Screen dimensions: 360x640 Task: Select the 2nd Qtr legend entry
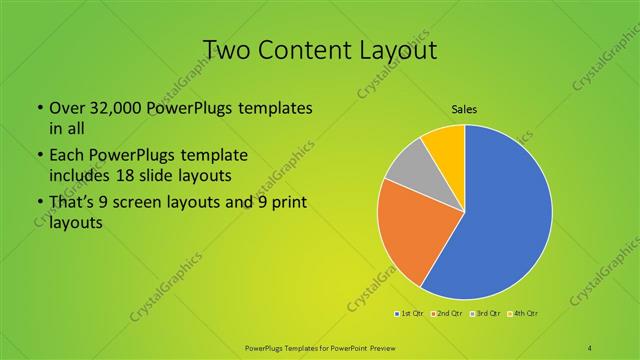pos(448,314)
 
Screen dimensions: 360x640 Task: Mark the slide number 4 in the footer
pos(591,347)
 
